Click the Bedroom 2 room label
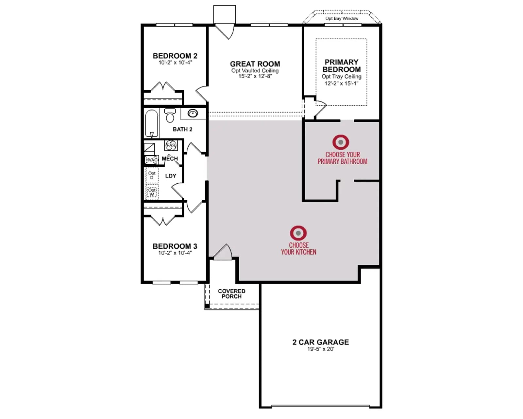(175, 56)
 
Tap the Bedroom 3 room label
(175, 246)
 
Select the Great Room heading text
(255, 64)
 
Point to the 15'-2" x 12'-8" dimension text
(255, 76)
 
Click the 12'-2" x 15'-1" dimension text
(342, 83)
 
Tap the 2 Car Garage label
(321, 342)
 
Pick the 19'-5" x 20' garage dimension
(321, 349)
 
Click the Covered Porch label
(232, 294)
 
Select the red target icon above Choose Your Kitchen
(298, 233)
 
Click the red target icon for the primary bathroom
(341, 142)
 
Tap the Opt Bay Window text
(342, 19)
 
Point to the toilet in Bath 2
(170, 115)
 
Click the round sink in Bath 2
(193, 113)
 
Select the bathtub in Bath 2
(152, 123)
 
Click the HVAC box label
(151, 160)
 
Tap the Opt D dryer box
(152, 175)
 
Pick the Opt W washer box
(152, 192)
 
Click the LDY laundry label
(171, 176)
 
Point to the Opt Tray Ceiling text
(342, 77)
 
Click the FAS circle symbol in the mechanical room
(171, 145)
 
